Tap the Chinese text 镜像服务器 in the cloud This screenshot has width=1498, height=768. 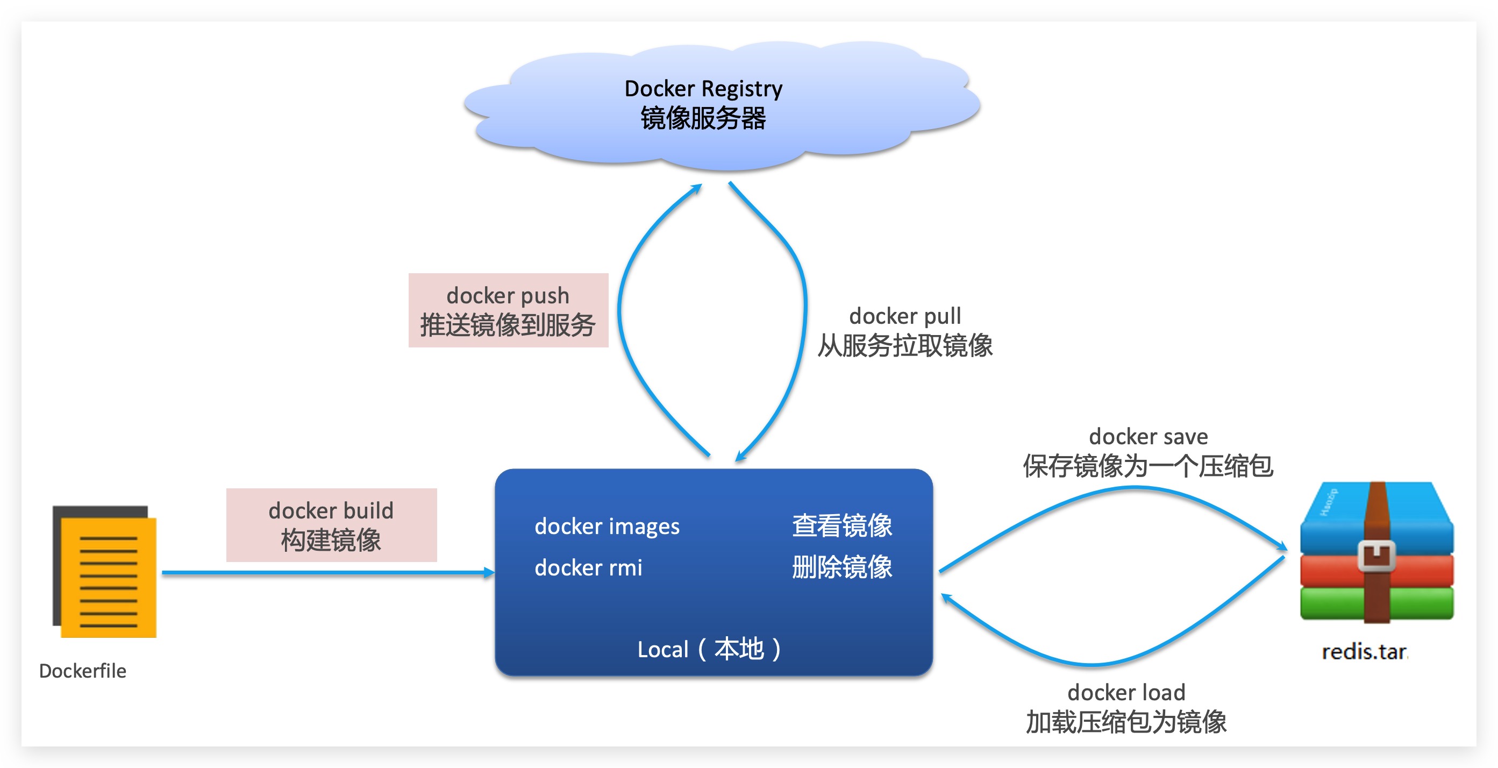pos(703,119)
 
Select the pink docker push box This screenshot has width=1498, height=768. pos(508,310)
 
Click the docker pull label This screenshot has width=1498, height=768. pos(905,316)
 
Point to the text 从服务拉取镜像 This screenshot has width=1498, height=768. pos(905,346)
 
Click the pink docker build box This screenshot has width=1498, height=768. pos(331,525)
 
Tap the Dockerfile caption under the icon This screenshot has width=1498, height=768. pos(83,671)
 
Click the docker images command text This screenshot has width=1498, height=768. pos(607,527)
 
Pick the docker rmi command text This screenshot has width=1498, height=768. pos(588,568)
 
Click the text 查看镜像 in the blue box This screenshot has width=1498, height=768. pos(841,525)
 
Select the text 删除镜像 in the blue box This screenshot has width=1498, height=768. pos(841,567)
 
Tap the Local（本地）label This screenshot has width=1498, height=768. pos(709,649)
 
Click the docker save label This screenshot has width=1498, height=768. pos(1148,436)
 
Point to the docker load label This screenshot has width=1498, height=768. pos(1126,692)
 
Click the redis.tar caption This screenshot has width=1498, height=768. pos(1364,652)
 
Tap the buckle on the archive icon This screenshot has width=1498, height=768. pos(1376,556)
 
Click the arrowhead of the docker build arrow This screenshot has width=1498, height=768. pos(489,573)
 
